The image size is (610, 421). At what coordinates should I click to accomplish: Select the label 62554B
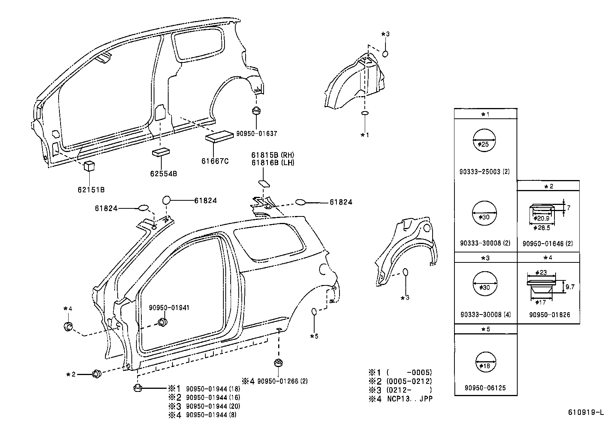164,174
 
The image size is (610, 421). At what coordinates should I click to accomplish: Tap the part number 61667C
215,161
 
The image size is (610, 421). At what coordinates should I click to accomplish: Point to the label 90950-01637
256,134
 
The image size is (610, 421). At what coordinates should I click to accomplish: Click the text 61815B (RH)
272,155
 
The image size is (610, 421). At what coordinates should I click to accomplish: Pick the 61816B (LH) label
272,162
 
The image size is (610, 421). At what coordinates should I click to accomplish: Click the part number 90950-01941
169,308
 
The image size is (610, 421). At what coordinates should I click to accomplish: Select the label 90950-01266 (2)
282,381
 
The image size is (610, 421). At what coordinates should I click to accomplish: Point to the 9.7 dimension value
570,287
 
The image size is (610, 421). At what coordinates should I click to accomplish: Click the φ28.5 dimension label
541,228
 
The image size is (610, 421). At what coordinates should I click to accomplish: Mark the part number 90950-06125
485,388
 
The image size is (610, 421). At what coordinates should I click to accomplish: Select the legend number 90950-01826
549,315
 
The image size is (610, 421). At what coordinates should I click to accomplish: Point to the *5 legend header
485,329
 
